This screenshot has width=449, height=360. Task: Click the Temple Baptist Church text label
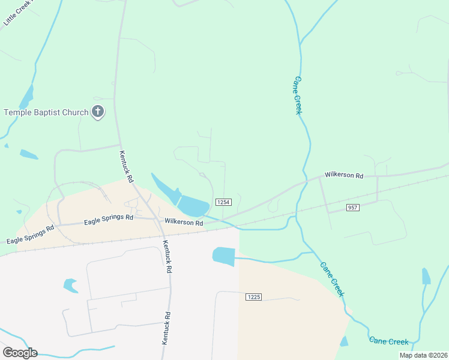(46, 112)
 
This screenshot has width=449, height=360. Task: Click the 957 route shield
(353, 208)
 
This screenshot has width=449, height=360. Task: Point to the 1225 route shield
(254, 297)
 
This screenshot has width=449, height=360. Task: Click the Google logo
(20, 352)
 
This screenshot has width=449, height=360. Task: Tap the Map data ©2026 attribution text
(423, 355)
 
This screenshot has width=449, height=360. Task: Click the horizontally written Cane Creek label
(389, 341)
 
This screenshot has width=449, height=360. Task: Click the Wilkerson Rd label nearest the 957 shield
(344, 176)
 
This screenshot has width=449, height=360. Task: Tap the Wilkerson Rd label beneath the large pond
(184, 223)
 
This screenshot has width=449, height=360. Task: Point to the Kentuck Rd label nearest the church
(127, 167)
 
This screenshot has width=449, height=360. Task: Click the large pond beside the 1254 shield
(192, 206)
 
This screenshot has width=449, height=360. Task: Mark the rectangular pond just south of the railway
(223, 256)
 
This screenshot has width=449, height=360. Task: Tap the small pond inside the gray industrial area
(71, 285)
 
